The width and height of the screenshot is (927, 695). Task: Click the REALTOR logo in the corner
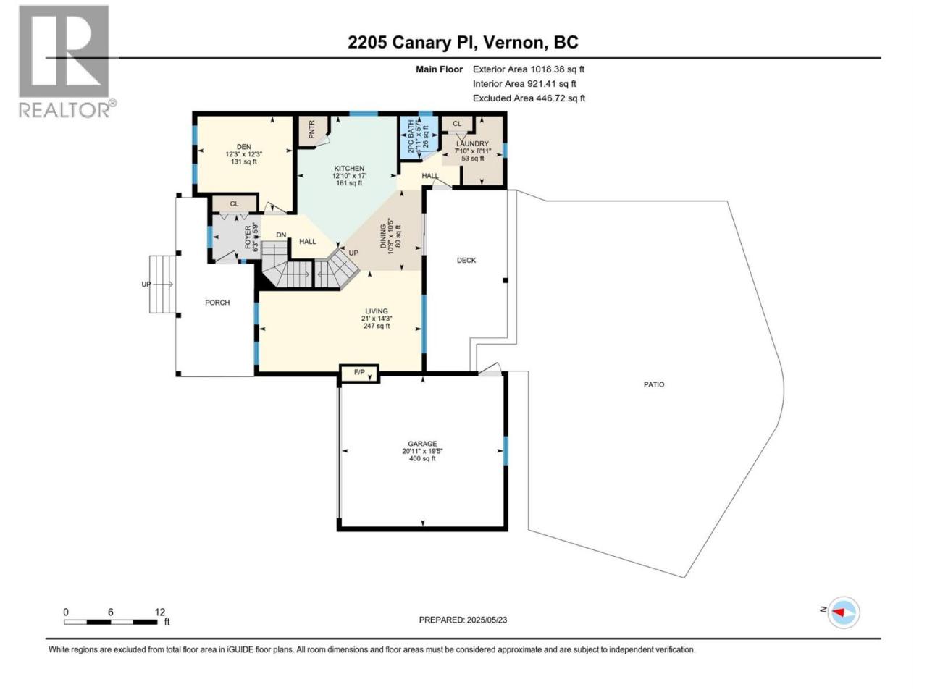(67, 62)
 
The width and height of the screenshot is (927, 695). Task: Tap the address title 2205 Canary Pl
(412, 42)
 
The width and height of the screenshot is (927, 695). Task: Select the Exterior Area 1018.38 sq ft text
(529, 69)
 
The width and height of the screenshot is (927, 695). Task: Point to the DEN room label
(243, 147)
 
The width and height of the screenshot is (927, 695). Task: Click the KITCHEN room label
(349, 169)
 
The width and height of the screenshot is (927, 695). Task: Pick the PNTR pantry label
(311, 130)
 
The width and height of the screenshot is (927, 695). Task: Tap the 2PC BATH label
(411, 136)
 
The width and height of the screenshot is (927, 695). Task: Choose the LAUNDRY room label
(472, 144)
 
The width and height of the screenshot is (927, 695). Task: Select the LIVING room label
(377, 311)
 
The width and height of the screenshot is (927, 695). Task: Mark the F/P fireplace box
(359, 374)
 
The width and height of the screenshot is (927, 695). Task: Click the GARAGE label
(422, 444)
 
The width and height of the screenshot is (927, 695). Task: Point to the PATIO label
(654, 384)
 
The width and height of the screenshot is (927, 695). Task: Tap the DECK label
(466, 261)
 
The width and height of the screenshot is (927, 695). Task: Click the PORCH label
(217, 303)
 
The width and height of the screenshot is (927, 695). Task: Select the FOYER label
(248, 237)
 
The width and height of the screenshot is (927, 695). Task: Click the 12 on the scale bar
(159, 612)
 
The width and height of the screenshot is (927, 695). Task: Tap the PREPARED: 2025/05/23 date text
(463, 620)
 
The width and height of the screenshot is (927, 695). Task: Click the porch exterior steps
(163, 284)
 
